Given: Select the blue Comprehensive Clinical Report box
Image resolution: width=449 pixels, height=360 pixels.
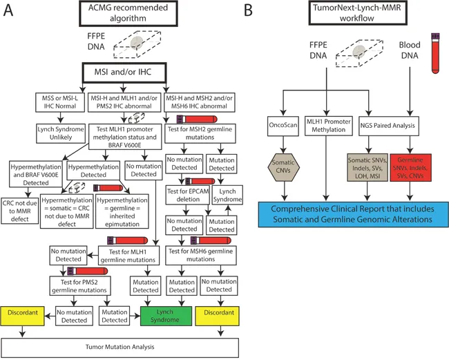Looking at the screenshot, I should [x=350, y=213].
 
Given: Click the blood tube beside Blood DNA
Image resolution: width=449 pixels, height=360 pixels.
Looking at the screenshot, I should [x=435, y=52].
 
